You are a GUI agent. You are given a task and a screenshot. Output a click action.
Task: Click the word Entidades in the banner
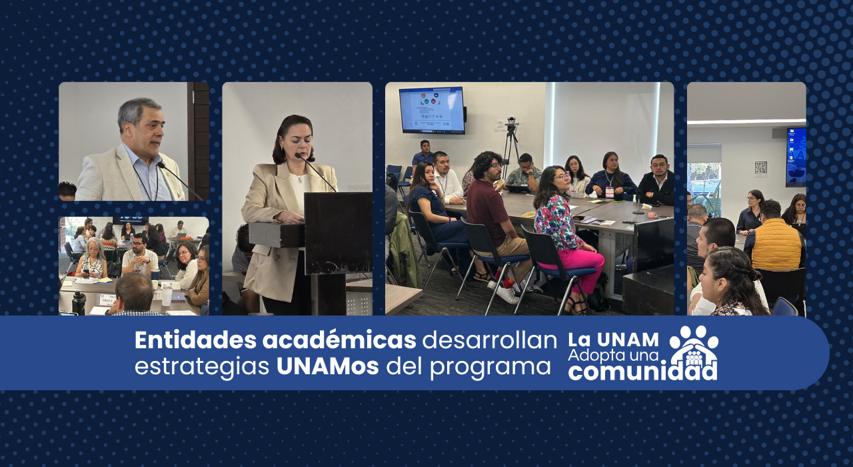(x=195, y=340)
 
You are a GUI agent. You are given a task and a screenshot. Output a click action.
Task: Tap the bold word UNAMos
(x=327, y=366)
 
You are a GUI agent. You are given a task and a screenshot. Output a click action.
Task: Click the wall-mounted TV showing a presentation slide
(x=432, y=110)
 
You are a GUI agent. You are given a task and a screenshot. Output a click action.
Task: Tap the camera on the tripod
(x=511, y=122)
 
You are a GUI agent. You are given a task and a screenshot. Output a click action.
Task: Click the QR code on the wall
(x=760, y=167)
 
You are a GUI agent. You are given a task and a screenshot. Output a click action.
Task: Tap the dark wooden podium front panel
(x=338, y=233)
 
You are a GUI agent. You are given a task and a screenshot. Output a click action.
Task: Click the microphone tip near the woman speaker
(x=298, y=155)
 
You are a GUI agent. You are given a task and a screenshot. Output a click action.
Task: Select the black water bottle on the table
(x=79, y=304)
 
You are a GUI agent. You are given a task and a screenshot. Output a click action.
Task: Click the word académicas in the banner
(x=339, y=340)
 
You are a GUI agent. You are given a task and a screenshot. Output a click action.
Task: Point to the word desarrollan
(x=490, y=340)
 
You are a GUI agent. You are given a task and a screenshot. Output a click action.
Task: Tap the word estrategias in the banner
(x=202, y=367)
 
